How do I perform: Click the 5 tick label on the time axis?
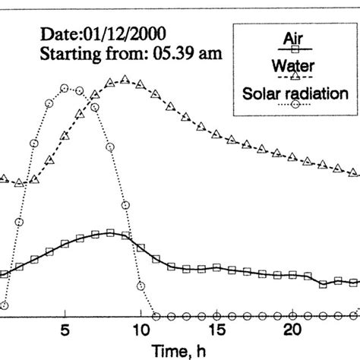pos(66,331)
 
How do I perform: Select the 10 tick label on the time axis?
pos(141,331)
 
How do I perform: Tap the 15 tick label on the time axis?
pos(216,331)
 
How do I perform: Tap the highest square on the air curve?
pos(110,232)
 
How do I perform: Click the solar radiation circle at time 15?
pos(216,314)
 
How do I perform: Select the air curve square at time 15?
pos(216,267)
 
